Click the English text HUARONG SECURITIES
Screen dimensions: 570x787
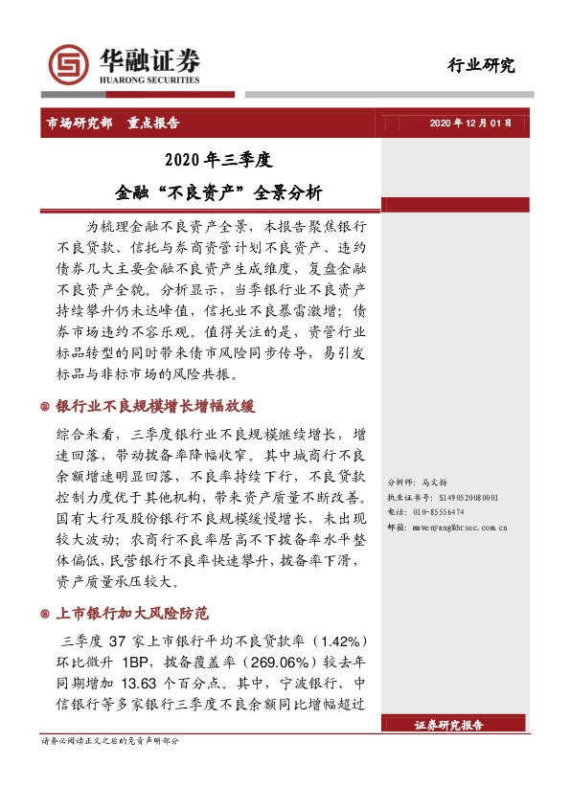[150, 80]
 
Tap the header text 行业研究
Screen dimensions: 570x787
[481, 66]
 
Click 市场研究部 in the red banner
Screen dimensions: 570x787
[80, 124]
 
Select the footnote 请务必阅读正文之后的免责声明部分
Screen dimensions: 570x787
[109, 742]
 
